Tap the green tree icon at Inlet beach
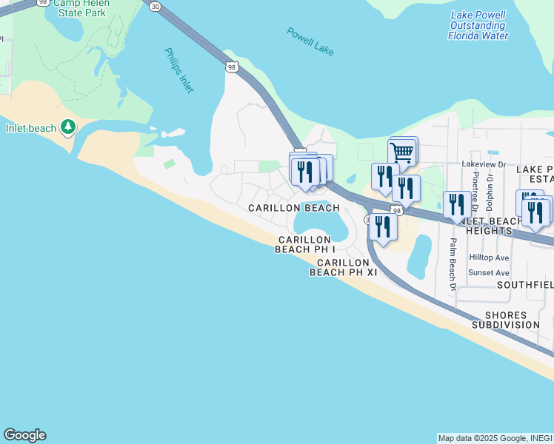click(x=68, y=128)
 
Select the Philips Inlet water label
click(x=180, y=70)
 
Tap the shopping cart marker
click(x=401, y=152)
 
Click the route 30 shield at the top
click(x=154, y=6)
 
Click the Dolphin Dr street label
click(x=490, y=193)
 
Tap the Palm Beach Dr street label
click(x=451, y=265)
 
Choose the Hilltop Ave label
click(x=489, y=258)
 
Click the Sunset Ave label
click(x=488, y=272)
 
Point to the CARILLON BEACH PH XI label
click(x=344, y=267)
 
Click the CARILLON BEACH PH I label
click(x=304, y=244)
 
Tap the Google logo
click(x=24, y=435)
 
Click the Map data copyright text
click(x=494, y=438)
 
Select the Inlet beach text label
click(x=31, y=128)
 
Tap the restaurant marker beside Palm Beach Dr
click(x=455, y=204)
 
